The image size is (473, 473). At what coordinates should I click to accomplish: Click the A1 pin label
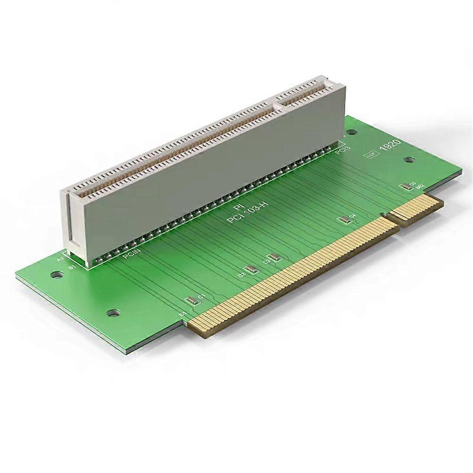[60, 259]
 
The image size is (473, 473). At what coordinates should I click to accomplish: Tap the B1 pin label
[72, 268]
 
